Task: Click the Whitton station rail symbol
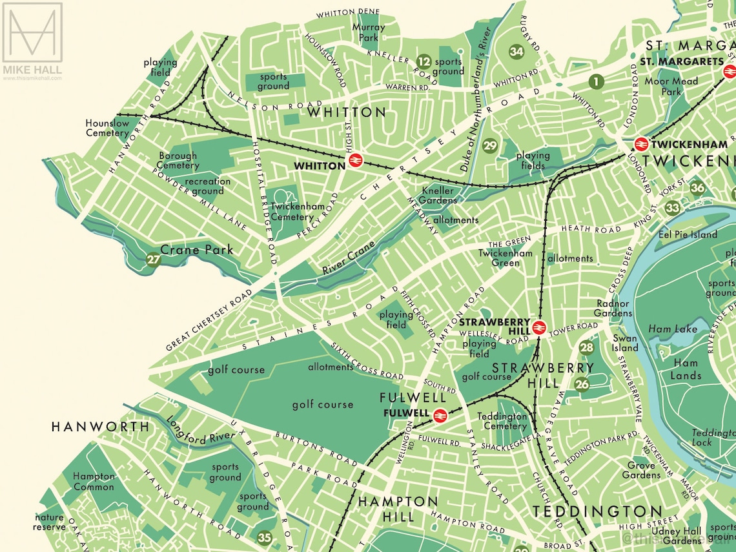(354, 160)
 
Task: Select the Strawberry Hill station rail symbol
(540, 327)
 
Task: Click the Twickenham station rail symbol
(641, 144)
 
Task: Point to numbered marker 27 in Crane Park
(153, 260)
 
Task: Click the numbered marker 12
(424, 62)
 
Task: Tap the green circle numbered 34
(516, 51)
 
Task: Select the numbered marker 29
(491, 146)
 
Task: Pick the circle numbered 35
(265, 537)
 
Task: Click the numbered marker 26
(582, 385)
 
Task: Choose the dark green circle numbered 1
(595, 81)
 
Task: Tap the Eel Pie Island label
(687, 234)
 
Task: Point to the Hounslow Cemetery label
(108, 128)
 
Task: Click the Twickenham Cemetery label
(292, 212)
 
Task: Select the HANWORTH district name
(100, 427)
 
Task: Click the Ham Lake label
(677, 329)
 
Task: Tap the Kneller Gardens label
(439, 196)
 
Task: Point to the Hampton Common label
(94, 482)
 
